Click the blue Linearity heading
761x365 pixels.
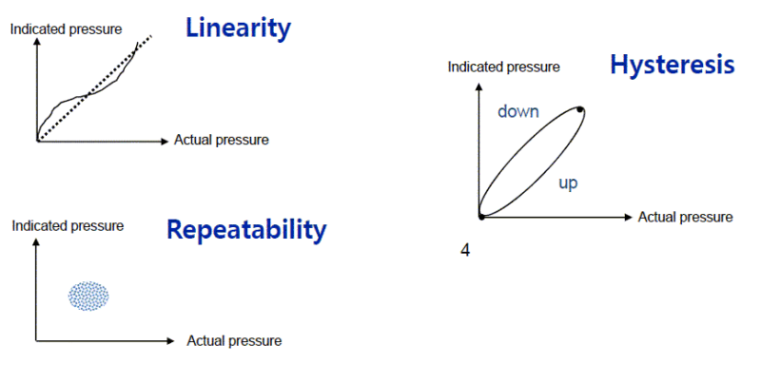pos(238,28)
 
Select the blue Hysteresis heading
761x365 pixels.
pos(672,65)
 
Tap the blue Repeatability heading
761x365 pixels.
pos(246,229)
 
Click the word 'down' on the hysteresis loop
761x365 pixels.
pos(518,112)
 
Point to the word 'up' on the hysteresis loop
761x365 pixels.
pos(568,182)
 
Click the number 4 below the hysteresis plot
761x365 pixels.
pos(465,251)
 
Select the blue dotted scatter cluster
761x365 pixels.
pos(88,297)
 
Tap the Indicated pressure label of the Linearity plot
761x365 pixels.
pos(66,29)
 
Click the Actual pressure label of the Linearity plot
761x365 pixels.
pos(222,140)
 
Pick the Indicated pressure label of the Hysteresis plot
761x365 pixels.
pos(503,67)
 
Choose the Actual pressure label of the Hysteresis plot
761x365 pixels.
pos(685,217)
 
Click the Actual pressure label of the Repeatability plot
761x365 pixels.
pos(234,340)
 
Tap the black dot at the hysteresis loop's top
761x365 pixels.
pos(579,110)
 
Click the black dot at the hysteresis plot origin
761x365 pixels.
pos(481,217)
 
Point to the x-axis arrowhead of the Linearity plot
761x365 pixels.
pos(166,140)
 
